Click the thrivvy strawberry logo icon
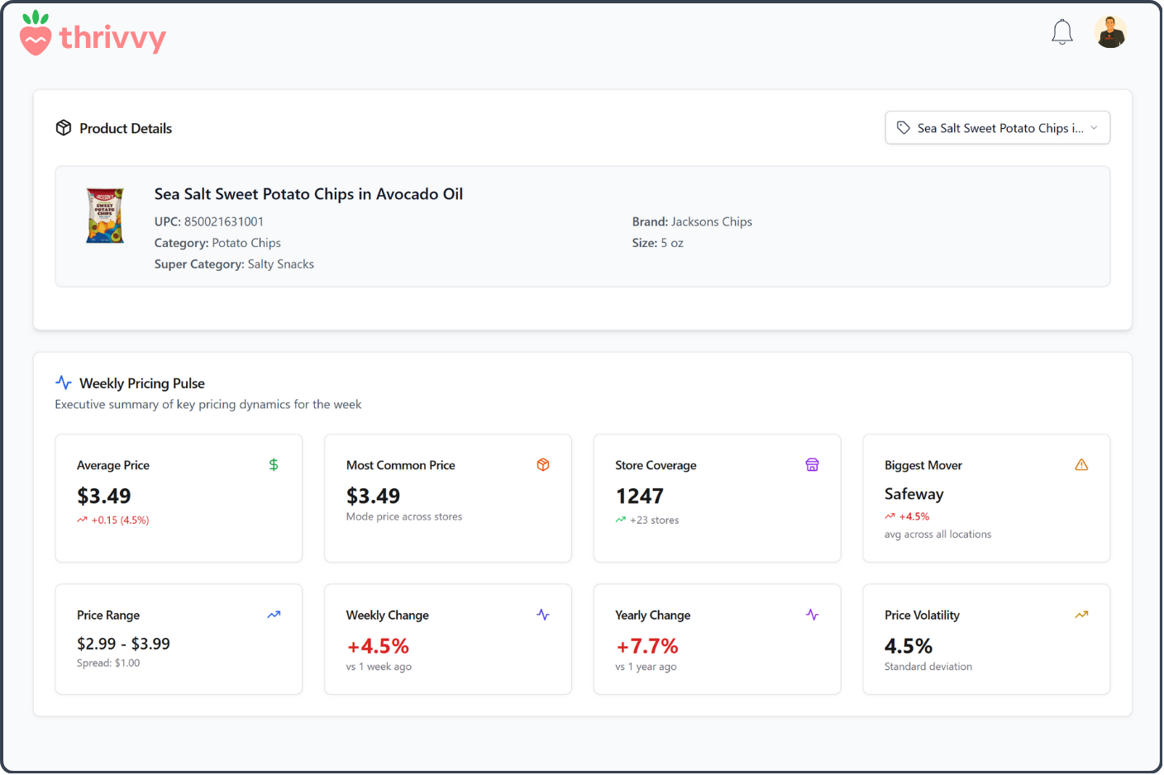[x=36, y=34]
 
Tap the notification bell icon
[x=1061, y=32]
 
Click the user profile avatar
[x=1110, y=32]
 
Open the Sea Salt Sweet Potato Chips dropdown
[x=997, y=128]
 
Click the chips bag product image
[x=105, y=216]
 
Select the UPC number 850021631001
[x=223, y=221]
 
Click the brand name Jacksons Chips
[x=711, y=221]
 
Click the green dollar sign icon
[x=274, y=465]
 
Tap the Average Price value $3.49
[x=104, y=496]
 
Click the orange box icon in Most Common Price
[x=543, y=465]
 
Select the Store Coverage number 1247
[x=639, y=496]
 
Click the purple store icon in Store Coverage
[x=812, y=465]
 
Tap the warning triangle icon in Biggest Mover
[x=1081, y=465]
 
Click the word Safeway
[x=914, y=494]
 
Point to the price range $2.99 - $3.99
[x=123, y=644]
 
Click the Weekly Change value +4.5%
[x=378, y=646]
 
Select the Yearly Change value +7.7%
[x=646, y=646]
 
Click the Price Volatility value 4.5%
[x=908, y=646]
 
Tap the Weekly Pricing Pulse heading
[x=141, y=383]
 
